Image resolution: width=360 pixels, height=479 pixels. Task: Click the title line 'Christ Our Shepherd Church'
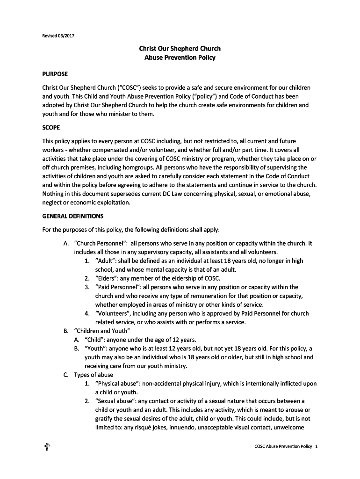(x=180, y=49)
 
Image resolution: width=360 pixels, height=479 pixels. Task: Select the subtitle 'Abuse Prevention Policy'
(x=180, y=58)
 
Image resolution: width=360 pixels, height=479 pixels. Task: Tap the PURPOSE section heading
(x=55, y=74)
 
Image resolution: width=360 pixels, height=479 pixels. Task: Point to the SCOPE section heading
(x=51, y=127)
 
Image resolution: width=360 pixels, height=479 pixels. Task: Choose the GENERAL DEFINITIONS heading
(x=72, y=216)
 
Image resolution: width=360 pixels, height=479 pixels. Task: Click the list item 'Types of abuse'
(x=94, y=375)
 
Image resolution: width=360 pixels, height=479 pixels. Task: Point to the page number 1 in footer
(x=317, y=447)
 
